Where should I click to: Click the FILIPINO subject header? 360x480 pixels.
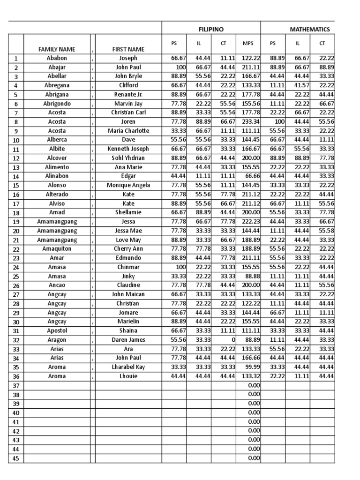pyautogui.click(x=211, y=29)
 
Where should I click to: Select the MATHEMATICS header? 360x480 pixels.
pyautogui.click(x=309, y=29)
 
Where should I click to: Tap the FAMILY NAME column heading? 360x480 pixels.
pyautogui.click(x=57, y=49)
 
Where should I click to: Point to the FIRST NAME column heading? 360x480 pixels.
pyautogui.click(x=128, y=49)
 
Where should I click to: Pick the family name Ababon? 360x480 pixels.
pyautogui.click(x=57, y=58)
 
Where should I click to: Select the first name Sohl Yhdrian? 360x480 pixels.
pyautogui.click(x=128, y=158)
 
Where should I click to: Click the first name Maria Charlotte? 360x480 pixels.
pyautogui.click(x=128, y=131)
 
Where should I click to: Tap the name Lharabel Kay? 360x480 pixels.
pyautogui.click(x=128, y=367)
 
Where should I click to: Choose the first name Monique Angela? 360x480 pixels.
pyautogui.click(x=128, y=185)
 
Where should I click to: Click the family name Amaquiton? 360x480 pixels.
pyautogui.click(x=57, y=249)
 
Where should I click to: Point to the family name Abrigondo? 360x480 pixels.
pyautogui.click(x=57, y=104)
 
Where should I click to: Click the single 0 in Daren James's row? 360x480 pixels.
pyautogui.click(x=233, y=340)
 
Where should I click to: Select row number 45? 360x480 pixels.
pyautogui.click(x=16, y=458)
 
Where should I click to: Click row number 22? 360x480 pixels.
pyautogui.click(x=16, y=249)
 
